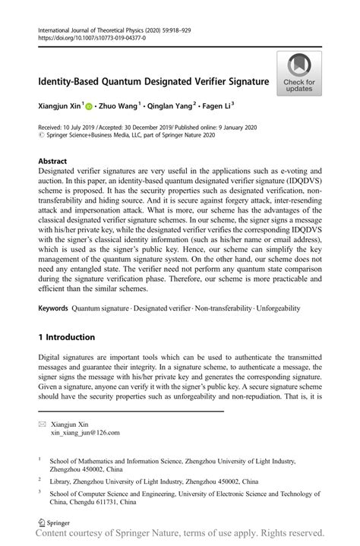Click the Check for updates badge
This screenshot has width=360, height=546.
coord(299,74)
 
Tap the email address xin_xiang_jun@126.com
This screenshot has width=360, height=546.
coord(85,433)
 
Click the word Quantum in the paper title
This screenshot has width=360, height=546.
coord(131,80)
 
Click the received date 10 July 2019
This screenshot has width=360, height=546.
coord(81,127)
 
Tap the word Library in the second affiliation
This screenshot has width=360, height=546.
coord(62,481)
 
